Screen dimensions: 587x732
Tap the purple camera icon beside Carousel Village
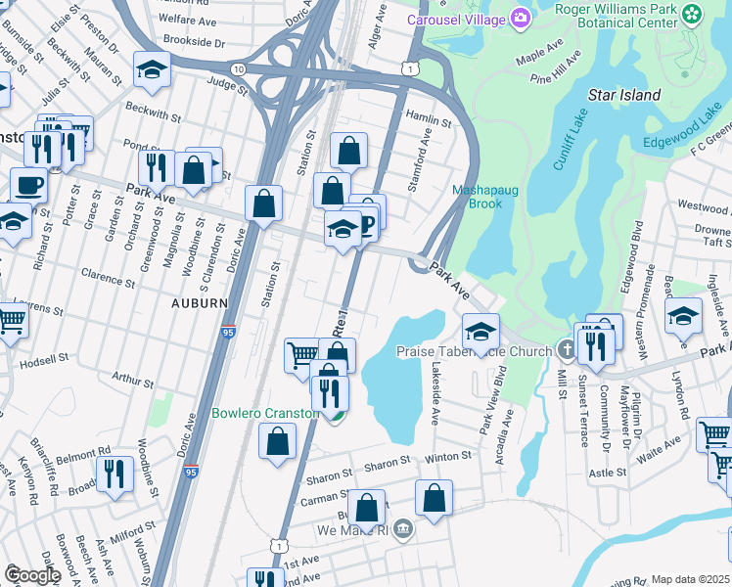pos(520,19)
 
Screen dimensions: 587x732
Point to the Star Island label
pos(623,95)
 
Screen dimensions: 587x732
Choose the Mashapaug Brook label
pos(477,197)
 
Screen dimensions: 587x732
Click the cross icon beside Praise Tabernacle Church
pos(567,350)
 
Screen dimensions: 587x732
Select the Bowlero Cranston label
pos(264,413)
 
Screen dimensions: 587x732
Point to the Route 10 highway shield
pos(239,68)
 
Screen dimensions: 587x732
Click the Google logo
pos(32,575)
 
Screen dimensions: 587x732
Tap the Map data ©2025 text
pos(690,579)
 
